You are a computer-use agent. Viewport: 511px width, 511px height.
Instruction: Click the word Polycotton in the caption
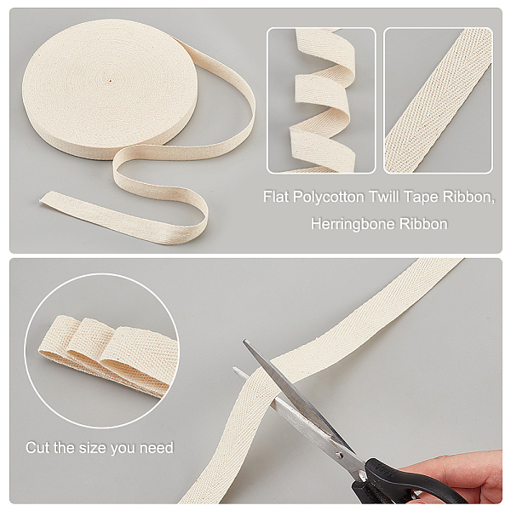pos(328,198)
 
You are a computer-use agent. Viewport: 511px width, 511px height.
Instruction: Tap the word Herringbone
pos(353,224)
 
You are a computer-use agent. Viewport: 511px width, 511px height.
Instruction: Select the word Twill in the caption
pos(383,197)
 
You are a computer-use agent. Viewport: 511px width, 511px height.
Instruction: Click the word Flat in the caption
pos(276,197)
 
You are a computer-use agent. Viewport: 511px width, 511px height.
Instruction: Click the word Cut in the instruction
pos(38,447)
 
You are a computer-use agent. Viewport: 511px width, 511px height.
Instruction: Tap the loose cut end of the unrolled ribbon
pos(43,198)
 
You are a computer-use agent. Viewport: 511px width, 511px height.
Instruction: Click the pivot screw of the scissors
pos(340,454)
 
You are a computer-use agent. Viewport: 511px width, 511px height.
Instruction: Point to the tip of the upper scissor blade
pos(244,341)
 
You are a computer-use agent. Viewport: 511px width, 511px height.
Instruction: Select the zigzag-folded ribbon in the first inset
pos(321,101)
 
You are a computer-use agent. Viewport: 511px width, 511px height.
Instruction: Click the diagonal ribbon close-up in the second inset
pos(439,100)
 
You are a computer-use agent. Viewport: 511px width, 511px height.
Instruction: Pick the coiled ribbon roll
pos(109,89)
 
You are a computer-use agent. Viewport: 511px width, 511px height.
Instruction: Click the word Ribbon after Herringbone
pos(423,224)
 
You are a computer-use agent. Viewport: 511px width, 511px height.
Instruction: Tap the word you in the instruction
pos(123,449)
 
